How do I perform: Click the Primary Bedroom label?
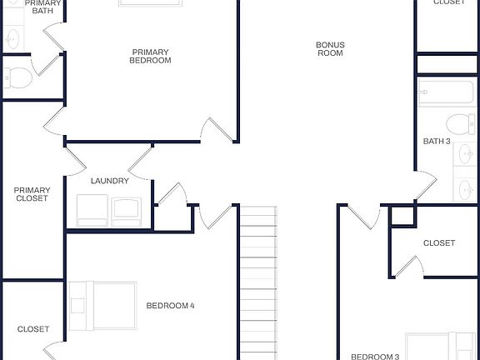(151, 56)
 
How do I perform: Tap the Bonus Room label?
(330, 49)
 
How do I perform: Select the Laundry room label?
(109, 181)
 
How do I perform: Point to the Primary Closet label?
(32, 194)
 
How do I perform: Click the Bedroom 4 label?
(170, 306)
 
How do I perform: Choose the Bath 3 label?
(437, 142)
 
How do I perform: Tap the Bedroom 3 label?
(374, 357)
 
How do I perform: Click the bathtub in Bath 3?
(447, 93)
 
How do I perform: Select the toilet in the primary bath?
(17, 78)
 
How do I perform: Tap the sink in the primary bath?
(12, 37)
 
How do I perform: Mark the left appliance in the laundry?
(92, 210)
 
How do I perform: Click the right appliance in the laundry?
(128, 210)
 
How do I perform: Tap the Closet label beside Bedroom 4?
(33, 329)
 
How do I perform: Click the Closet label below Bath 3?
(439, 243)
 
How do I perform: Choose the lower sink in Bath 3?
(465, 188)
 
